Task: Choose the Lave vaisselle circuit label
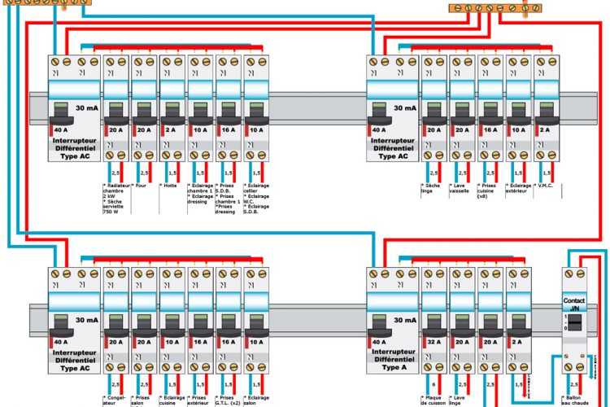click(461, 189)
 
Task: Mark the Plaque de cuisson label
click(435, 400)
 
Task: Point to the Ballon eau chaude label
click(579, 400)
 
